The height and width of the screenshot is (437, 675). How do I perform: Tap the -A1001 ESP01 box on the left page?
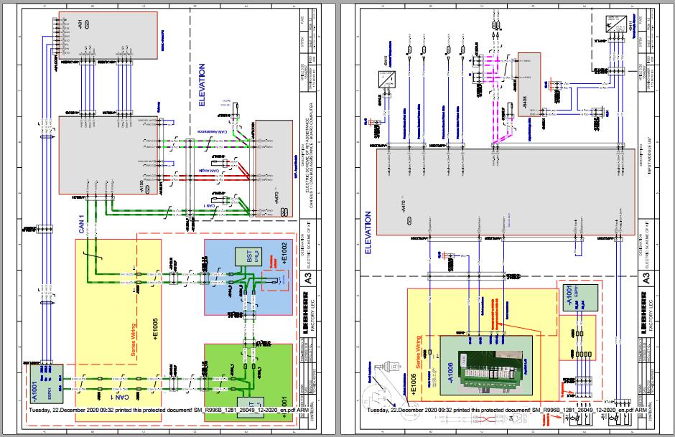pyautogui.click(x=45, y=383)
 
